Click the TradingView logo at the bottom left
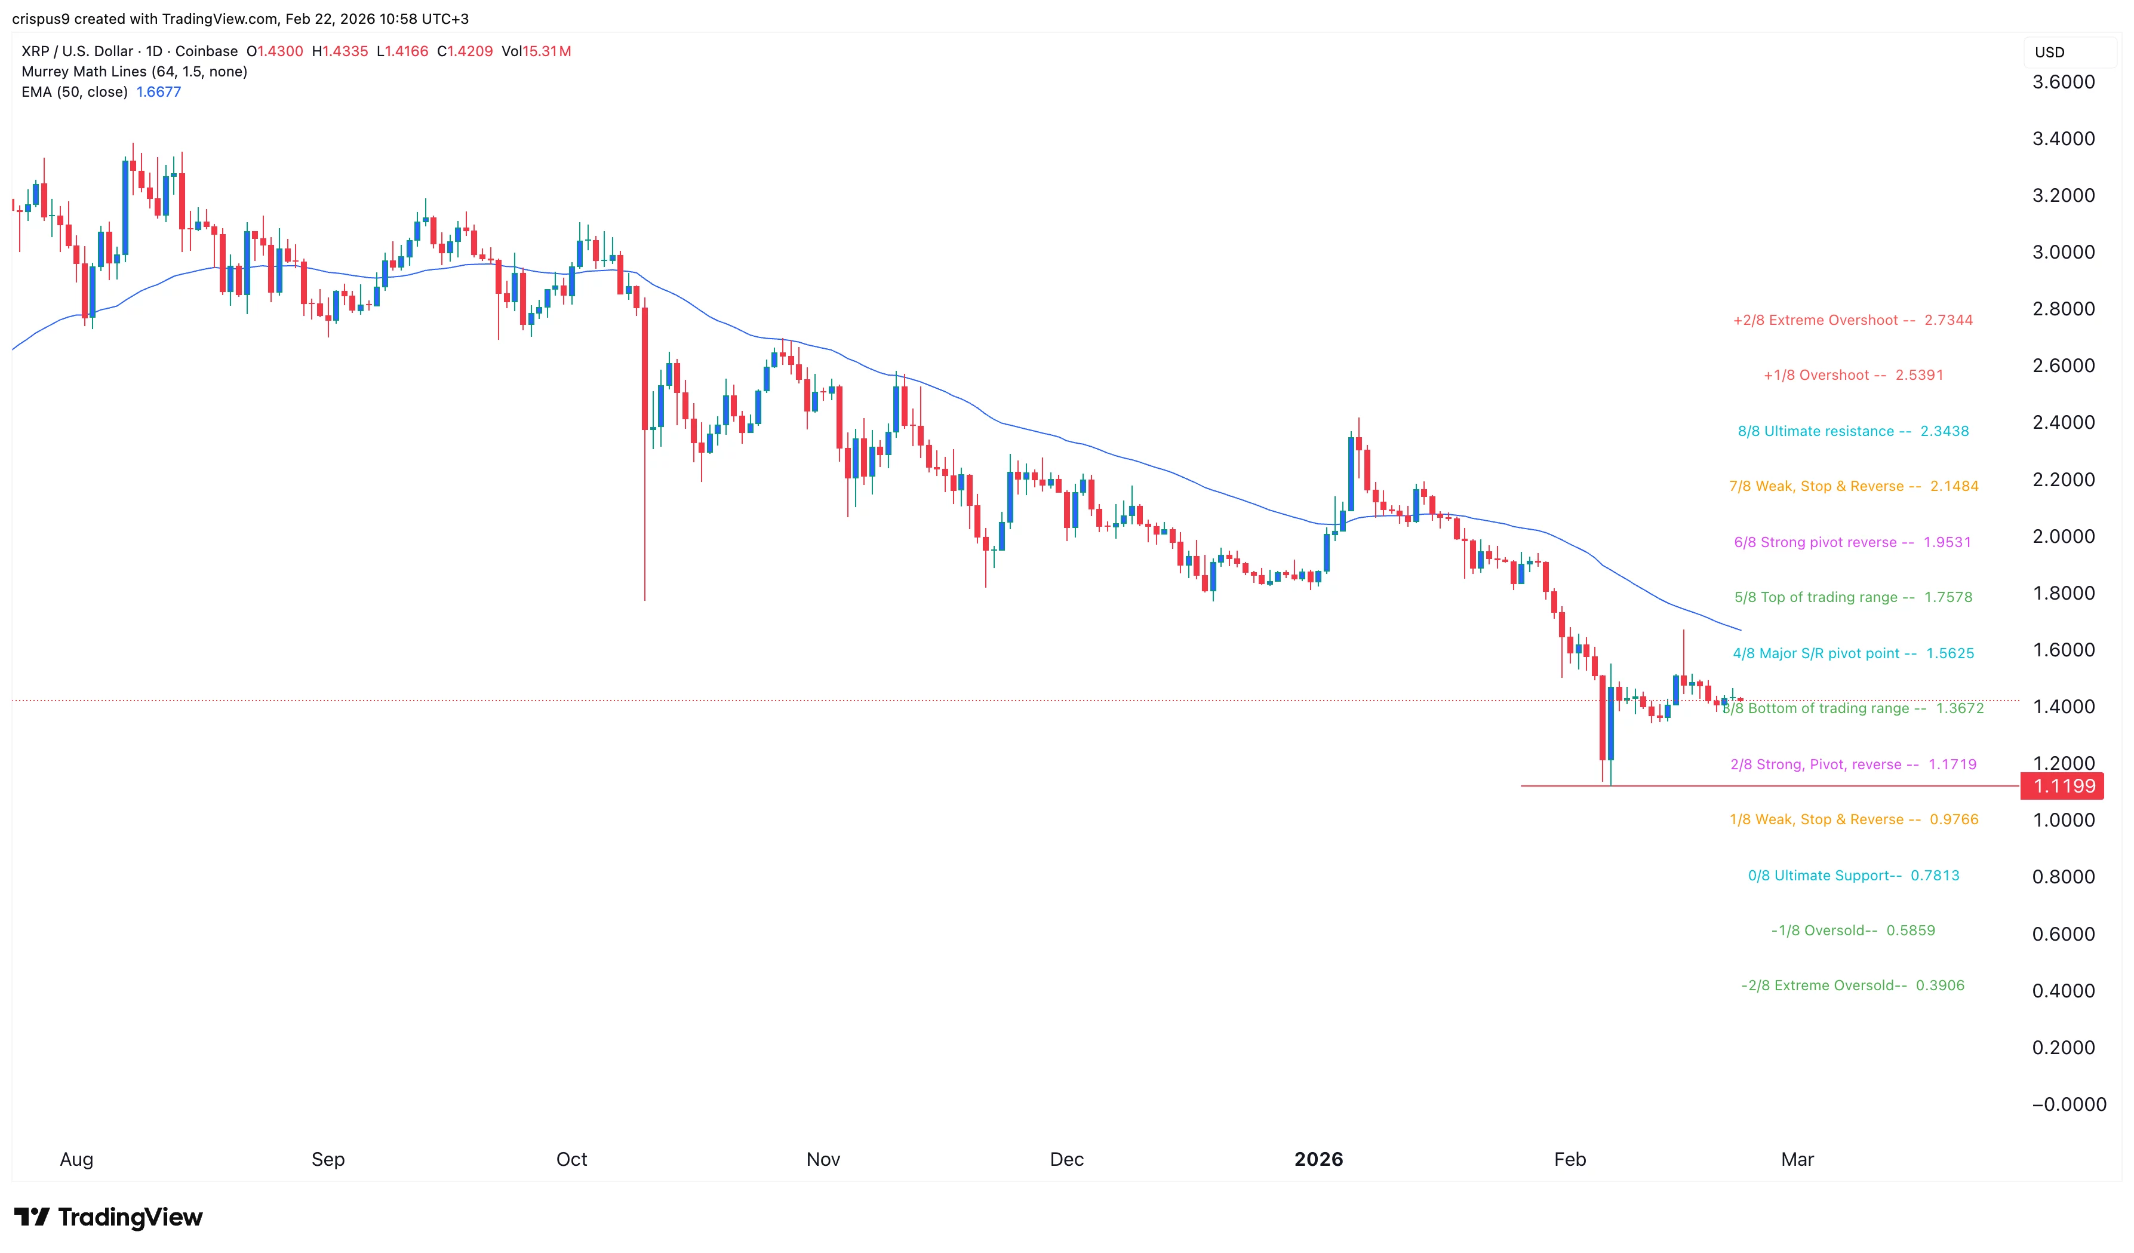click(109, 1217)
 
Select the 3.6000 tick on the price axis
click(2064, 82)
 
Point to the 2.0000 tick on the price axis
click(2064, 536)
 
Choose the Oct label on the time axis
click(571, 1159)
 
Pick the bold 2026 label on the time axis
click(1318, 1159)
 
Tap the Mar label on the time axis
click(1797, 1159)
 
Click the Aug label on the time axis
click(76, 1159)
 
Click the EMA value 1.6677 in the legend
click(158, 91)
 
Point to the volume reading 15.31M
click(546, 51)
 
